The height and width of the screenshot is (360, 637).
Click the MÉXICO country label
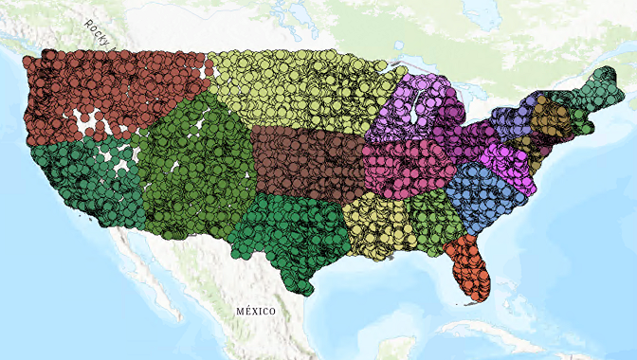point(255,311)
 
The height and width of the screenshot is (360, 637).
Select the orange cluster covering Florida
point(467,267)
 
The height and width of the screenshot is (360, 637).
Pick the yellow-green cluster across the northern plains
point(294,90)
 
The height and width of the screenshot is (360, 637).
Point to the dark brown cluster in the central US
point(308,161)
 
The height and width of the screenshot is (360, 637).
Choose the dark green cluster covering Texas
point(289,237)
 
